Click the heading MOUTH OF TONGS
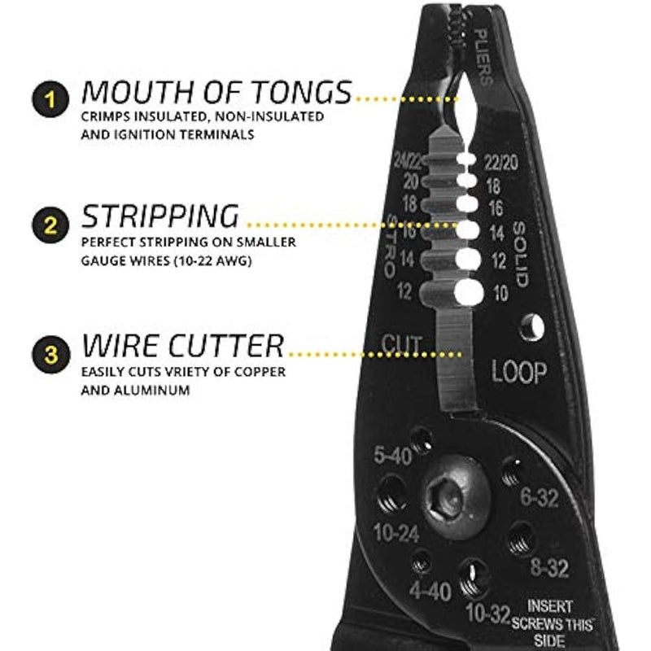tap(216, 92)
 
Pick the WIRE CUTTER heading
tap(183, 346)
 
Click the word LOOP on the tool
tap(518, 373)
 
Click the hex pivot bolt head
tap(458, 495)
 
